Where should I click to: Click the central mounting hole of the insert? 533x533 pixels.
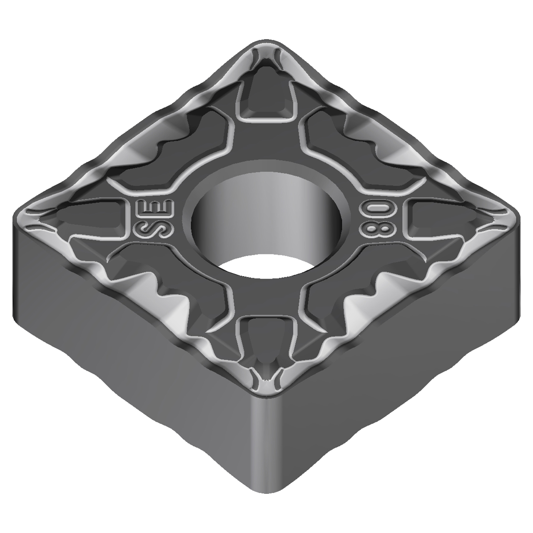266,217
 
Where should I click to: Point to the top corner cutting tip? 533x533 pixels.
266,46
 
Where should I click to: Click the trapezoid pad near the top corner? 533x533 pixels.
266,98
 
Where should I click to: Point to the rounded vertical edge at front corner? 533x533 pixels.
266,437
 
